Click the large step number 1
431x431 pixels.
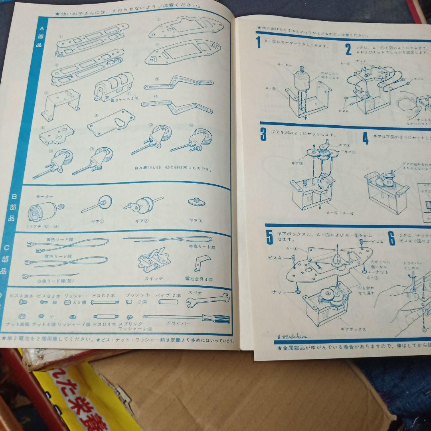pos(259,42)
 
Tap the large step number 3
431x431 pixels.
pos(263,134)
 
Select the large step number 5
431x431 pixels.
pos(270,237)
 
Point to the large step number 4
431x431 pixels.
pos(366,138)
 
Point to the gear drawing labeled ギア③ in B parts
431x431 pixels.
pos(196,202)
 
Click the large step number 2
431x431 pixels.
pos(348,49)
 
